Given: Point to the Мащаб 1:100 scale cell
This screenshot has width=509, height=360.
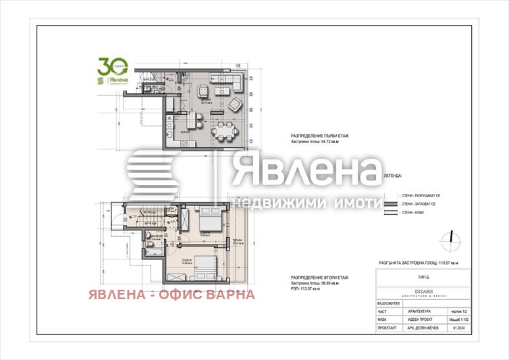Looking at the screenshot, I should point(462,319).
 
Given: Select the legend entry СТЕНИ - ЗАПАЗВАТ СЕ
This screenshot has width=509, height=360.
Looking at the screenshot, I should point(419,203).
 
